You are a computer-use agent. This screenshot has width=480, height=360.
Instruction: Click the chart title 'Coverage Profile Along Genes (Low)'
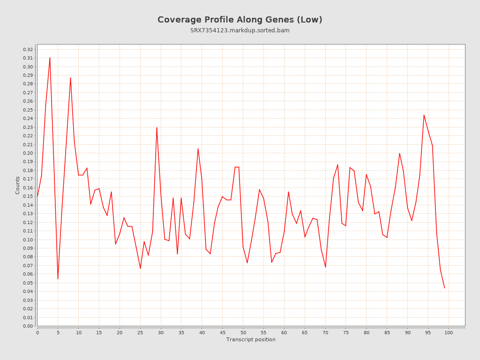[240, 20]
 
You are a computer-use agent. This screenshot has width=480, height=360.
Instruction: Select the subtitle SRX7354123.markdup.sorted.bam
[240, 30]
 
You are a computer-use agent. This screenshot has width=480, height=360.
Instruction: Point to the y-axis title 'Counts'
[18, 185]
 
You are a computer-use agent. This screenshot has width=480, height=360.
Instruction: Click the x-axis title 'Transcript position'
[251, 339]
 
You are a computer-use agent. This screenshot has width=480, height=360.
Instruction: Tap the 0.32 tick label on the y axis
[28, 49]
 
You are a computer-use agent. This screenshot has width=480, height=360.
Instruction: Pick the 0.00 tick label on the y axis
[28, 326]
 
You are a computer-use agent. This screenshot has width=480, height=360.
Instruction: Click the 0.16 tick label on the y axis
[28, 187]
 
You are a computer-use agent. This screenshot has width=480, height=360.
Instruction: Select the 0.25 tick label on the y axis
[28, 110]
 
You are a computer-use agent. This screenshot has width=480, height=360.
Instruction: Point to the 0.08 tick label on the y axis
[28, 257]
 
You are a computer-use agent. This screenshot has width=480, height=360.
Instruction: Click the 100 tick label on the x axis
[449, 332]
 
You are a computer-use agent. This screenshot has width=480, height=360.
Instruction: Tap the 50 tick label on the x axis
[243, 332]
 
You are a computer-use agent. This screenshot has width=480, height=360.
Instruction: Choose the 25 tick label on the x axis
[140, 332]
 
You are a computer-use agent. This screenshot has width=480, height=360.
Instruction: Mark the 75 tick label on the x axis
[346, 332]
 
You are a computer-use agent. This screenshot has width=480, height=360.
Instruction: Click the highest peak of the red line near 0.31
[50, 58]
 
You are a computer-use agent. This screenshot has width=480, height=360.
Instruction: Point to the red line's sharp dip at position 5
[58, 278]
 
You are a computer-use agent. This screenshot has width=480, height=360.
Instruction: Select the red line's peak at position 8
[70, 78]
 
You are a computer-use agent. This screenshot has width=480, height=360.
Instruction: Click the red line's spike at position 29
[157, 127]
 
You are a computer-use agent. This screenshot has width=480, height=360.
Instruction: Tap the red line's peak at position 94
[424, 115]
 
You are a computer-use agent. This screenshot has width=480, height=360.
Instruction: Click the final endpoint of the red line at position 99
[444, 288]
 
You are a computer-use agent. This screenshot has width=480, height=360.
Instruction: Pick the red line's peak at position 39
[198, 149]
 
